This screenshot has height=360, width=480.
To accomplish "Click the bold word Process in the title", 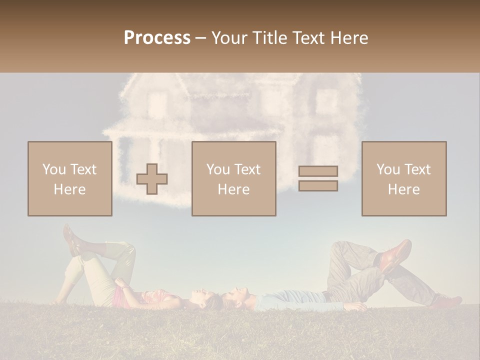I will point(157,38).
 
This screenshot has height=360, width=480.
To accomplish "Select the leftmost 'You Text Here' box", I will point(69,178).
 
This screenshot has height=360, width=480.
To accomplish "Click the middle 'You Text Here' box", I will point(233,178).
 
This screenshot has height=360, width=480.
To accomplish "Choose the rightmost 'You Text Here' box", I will point(403,178).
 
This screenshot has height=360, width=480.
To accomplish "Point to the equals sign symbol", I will point(318,178).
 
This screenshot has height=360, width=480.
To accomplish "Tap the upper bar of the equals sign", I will point(318,171).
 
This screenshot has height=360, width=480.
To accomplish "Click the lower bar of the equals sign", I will point(318,185).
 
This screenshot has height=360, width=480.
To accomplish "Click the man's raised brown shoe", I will point(396,255).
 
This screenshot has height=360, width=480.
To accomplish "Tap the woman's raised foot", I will point(71,239).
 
